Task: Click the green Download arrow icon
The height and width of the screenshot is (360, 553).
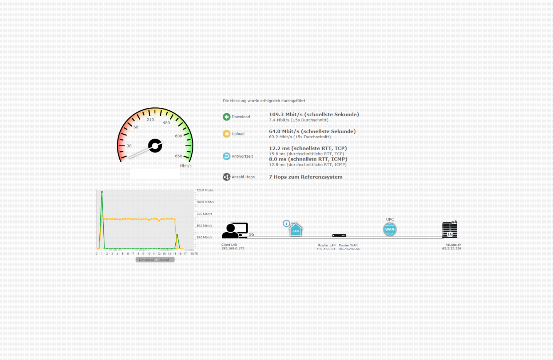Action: point(226,117)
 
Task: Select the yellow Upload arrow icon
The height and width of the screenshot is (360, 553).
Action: point(226,134)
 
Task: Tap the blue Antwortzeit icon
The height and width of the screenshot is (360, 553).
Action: point(226,156)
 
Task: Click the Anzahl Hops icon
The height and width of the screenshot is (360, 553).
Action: point(226,177)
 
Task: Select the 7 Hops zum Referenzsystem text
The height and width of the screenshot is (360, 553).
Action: point(306,177)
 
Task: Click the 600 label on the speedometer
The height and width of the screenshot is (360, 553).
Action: point(178,136)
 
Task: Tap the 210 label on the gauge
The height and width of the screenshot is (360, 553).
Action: point(150,120)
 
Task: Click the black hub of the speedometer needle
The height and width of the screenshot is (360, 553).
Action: point(155,146)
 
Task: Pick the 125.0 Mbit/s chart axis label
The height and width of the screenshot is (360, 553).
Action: point(205,190)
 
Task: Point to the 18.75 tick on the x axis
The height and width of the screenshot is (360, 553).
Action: point(194,254)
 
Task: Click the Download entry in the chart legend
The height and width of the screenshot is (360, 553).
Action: point(146,260)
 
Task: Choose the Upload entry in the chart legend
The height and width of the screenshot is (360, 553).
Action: point(163,260)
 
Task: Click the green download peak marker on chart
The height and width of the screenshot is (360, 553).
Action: point(102,192)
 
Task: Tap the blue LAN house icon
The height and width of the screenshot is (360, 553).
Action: point(295,230)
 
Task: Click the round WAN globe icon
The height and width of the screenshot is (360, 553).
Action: point(390,229)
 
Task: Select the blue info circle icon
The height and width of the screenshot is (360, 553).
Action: point(286,223)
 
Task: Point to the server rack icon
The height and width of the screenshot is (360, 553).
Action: point(450,230)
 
